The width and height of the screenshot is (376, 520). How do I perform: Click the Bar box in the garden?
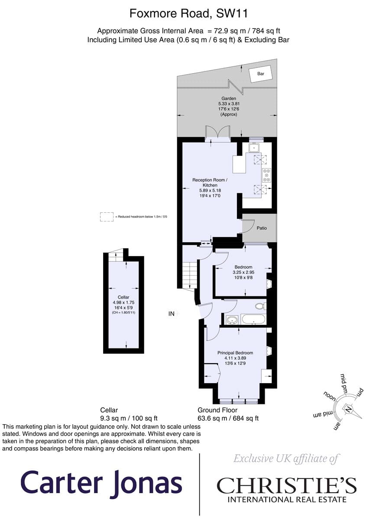point(260,74)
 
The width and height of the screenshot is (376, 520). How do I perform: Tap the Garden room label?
point(229,98)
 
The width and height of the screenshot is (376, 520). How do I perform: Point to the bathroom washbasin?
point(232,320)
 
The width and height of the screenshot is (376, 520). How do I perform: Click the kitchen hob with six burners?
point(267,175)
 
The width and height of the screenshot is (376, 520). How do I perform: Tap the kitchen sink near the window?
point(254,148)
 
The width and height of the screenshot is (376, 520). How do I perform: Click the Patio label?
point(262,228)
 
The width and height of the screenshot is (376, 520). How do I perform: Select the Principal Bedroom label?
point(235,353)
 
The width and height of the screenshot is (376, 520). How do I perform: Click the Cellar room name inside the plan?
point(123,297)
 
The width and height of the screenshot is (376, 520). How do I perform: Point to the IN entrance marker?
point(171,314)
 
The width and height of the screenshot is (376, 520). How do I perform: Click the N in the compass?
point(348,409)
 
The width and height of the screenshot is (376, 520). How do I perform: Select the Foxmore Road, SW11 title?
point(188,13)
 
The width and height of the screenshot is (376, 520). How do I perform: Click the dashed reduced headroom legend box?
point(107,217)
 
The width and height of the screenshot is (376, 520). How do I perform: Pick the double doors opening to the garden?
point(217,133)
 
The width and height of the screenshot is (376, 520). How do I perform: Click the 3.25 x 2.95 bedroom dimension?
point(243,272)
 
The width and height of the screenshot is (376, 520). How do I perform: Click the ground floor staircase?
point(190,276)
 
